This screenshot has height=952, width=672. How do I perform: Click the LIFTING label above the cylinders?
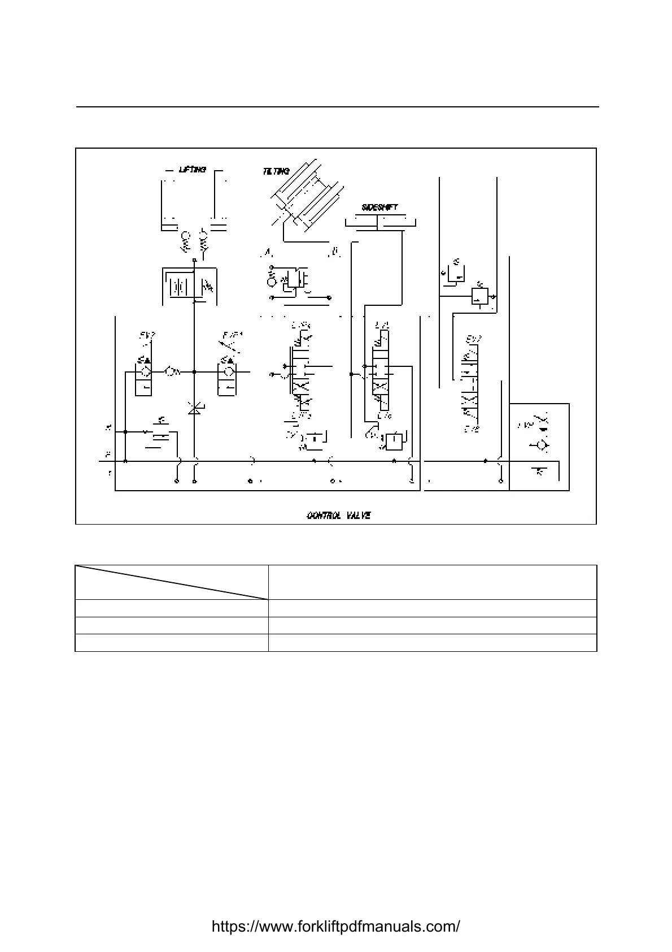click(x=192, y=170)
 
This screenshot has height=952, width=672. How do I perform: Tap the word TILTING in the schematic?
click(x=276, y=171)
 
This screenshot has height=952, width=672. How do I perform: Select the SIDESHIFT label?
click(x=379, y=207)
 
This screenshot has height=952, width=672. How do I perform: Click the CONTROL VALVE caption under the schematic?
click(x=338, y=516)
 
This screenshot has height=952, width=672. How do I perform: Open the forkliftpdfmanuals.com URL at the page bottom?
click(x=335, y=927)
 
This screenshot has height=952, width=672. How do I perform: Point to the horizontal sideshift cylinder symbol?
click(x=382, y=222)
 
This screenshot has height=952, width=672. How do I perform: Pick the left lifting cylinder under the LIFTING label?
click(x=169, y=204)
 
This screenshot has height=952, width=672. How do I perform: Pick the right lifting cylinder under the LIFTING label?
click(x=219, y=204)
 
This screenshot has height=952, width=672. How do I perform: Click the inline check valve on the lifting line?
click(x=172, y=372)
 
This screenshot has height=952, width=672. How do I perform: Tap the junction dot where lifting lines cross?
click(x=194, y=372)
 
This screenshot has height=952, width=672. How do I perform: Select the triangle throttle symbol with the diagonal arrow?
click(x=194, y=409)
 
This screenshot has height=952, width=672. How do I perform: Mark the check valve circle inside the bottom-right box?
click(x=541, y=445)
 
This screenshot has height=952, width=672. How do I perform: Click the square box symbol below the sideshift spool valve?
click(x=394, y=440)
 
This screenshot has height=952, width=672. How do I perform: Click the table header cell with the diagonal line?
click(x=172, y=582)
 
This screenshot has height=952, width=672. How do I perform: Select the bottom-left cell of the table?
click(x=172, y=643)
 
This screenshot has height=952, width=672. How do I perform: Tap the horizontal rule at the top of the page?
click(x=337, y=107)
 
